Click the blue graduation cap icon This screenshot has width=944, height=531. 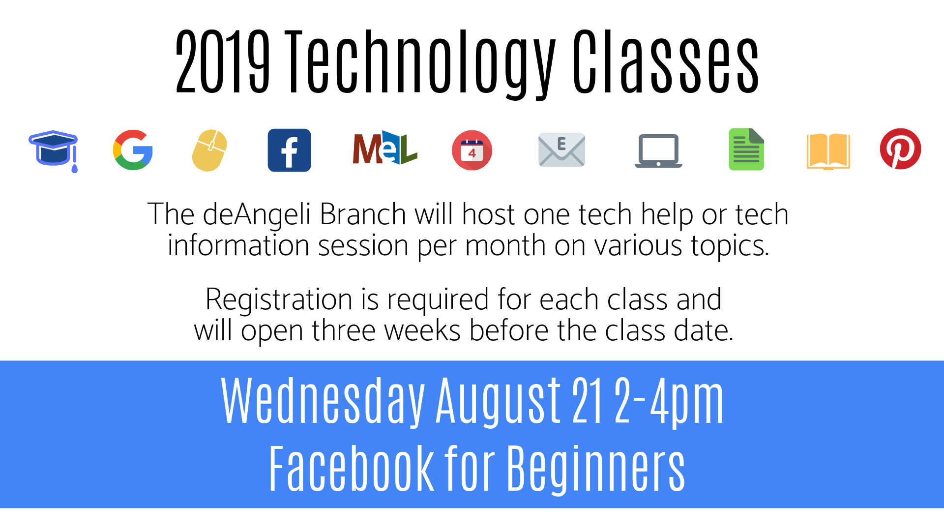point(53,150)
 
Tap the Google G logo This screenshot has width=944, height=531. point(133,150)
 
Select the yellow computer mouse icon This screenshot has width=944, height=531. point(209,150)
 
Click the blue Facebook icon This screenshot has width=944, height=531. point(289,150)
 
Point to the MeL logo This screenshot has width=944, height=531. point(385,148)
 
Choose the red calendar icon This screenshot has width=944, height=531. point(472,150)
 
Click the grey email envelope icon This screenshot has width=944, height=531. point(561,150)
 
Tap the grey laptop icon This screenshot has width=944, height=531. point(658,151)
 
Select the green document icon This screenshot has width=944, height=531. point(746,149)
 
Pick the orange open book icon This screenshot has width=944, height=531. point(828,151)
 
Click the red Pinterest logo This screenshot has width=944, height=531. point(900,149)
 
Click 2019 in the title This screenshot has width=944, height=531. point(223,61)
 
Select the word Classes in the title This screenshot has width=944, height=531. point(666,61)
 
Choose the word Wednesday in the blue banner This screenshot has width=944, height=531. point(323,401)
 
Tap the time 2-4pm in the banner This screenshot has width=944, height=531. point(669,401)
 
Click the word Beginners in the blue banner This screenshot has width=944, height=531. point(596,469)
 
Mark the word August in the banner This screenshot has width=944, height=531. point(498,401)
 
